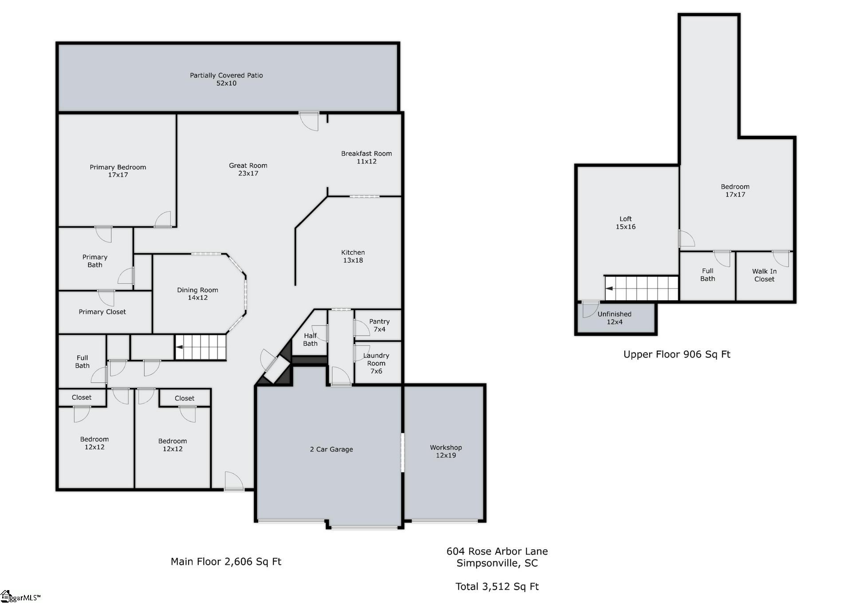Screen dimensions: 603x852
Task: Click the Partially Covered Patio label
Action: tap(226, 79)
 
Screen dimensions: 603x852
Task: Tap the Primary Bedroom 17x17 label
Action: tap(118, 171)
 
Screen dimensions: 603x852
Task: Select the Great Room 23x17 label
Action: tap(248, 169)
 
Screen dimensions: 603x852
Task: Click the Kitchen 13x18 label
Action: tap(353, 256)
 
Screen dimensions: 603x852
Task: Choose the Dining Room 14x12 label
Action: tap(197, 294)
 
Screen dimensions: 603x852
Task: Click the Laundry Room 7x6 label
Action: tap(376, 363)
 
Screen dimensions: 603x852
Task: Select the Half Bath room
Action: tap(310, 339)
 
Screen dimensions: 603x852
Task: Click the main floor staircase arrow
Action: tap(180, 348)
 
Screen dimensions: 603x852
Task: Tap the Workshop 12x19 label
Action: tap(446, 451)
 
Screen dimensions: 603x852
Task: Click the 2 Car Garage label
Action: tap(331, 449)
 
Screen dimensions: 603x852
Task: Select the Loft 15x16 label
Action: tap(625, 222)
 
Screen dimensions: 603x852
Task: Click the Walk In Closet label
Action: tap(764, 275)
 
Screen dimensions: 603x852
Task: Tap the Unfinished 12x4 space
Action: tap(615, 318)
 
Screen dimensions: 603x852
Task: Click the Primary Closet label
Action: tap(102, 312)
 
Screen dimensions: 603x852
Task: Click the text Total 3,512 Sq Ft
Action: tap(497, 586)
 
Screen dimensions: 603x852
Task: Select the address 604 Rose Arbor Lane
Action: tap(497, 551)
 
